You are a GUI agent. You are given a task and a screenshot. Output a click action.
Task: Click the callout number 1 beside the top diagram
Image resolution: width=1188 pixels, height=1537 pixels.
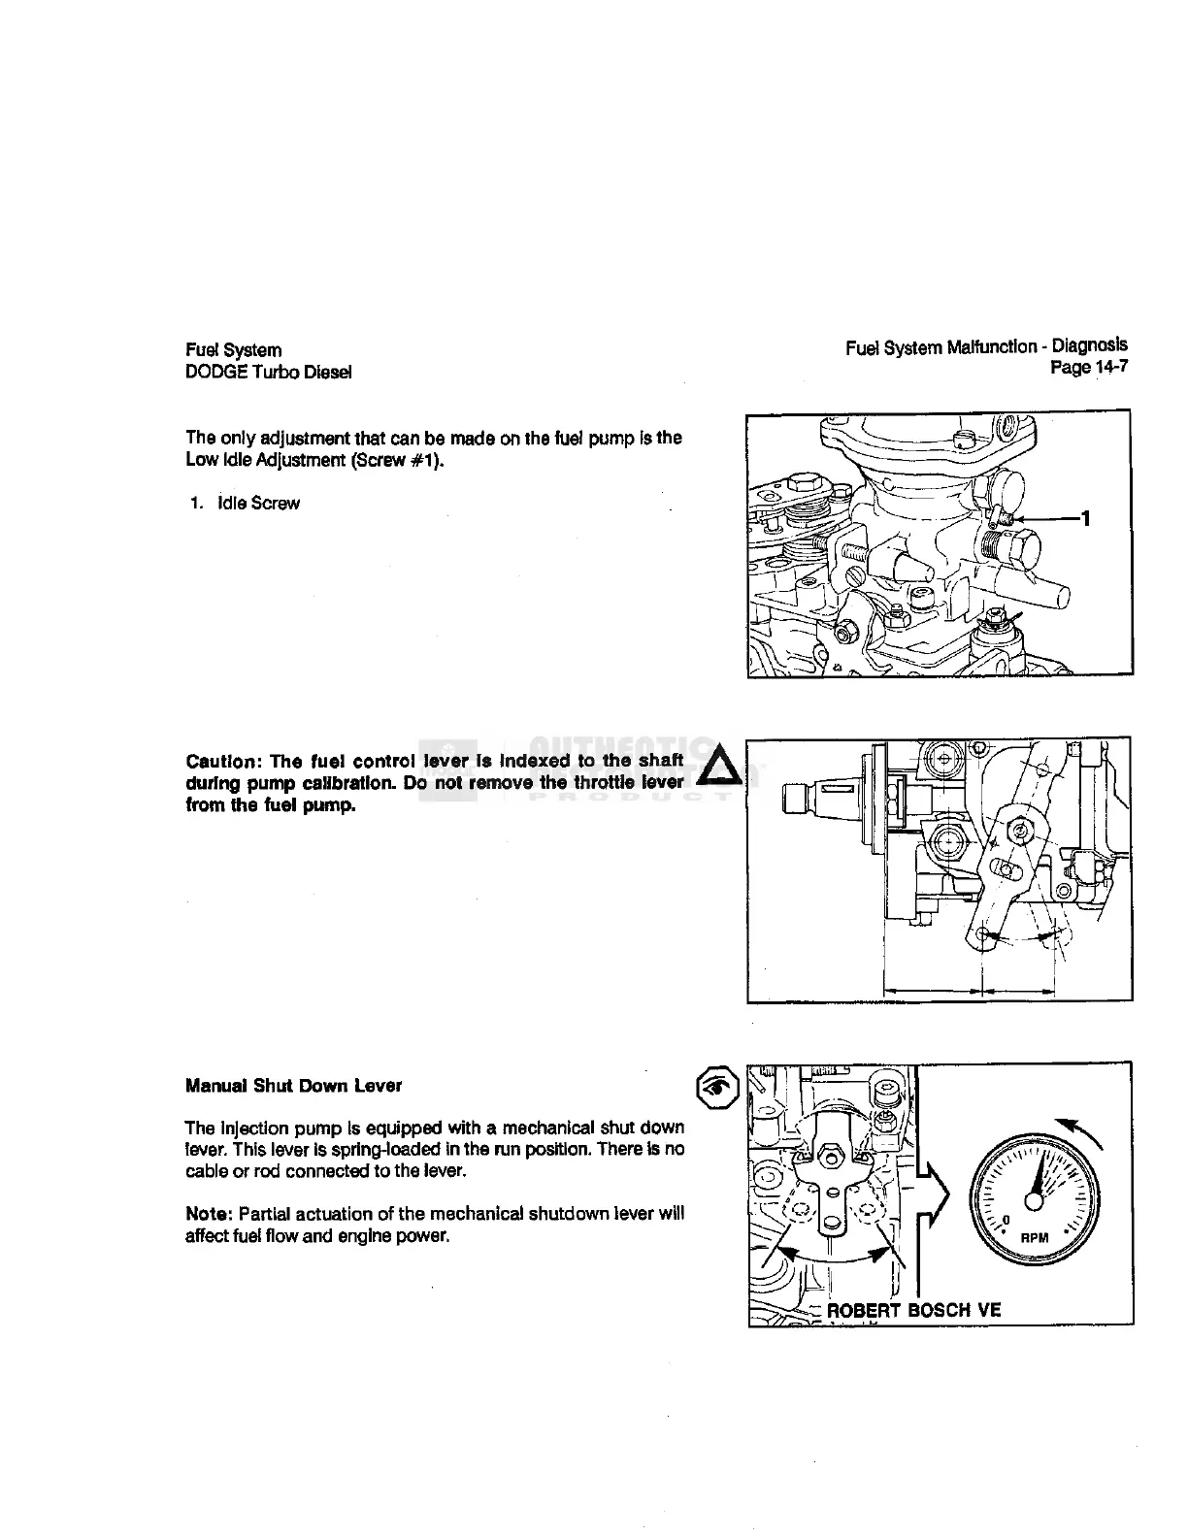tap(1087, 519)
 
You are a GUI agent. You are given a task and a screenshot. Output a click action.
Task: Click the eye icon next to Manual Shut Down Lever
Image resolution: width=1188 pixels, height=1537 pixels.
tap(715, 1088)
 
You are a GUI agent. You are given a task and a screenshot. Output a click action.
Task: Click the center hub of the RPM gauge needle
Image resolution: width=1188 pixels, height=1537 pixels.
tap(1035, 1201)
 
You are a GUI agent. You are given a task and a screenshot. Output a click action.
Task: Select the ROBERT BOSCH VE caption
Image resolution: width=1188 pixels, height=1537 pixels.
tap(913, 1310)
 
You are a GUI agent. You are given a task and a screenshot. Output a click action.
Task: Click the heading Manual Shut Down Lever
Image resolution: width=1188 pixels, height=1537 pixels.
tap(293, 1085)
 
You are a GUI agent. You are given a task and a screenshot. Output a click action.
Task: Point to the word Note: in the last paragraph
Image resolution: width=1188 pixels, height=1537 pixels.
tap(209, 1214)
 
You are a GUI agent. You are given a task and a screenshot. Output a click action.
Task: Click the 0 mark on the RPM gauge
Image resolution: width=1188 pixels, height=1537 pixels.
tap(1006, 1219)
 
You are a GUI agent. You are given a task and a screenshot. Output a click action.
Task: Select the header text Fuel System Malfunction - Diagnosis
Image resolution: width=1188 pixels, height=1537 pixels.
tap(986, 345)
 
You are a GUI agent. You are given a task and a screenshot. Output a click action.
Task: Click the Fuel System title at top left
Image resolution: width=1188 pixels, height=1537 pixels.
tap(233, 349)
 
